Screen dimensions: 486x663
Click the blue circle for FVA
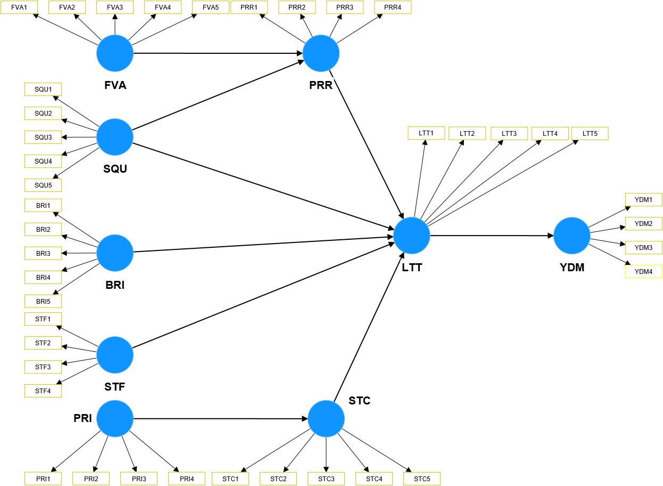115,53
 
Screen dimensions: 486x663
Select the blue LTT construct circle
412,235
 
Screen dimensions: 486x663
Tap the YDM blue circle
572,235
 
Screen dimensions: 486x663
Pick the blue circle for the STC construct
326,418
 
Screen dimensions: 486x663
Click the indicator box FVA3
115,7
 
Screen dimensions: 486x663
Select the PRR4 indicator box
393,7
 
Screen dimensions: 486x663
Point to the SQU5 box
43,185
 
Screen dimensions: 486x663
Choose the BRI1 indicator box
43,205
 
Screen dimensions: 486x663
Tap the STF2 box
43,343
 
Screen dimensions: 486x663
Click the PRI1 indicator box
43,479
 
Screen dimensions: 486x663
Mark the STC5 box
422,479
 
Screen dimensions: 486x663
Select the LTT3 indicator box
509,133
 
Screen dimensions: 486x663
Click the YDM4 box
643,272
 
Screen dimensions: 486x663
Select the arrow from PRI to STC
220,418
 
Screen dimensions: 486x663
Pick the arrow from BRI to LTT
263,244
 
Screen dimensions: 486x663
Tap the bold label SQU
115,169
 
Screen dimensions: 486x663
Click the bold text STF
115,387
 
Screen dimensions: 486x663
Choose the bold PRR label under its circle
321,85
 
